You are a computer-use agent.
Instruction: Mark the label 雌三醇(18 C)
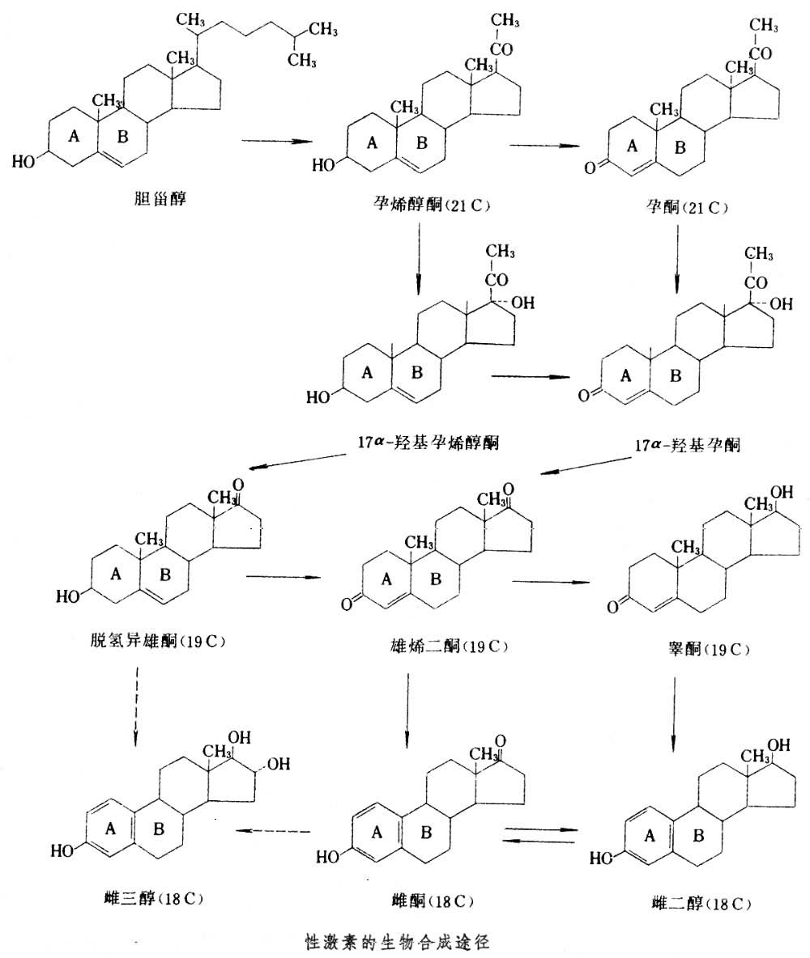click(x=147, y=897)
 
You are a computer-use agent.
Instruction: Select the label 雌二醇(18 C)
click(x=697, y=902)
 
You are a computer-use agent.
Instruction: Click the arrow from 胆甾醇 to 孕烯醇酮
click(x=277, y=142)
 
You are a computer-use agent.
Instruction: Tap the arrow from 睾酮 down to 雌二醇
click(x=675, y=704)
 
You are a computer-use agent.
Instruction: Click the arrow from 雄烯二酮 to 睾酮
click(x=549, y=580)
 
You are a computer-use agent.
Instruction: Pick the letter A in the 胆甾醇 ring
click(x=75, y=137)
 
